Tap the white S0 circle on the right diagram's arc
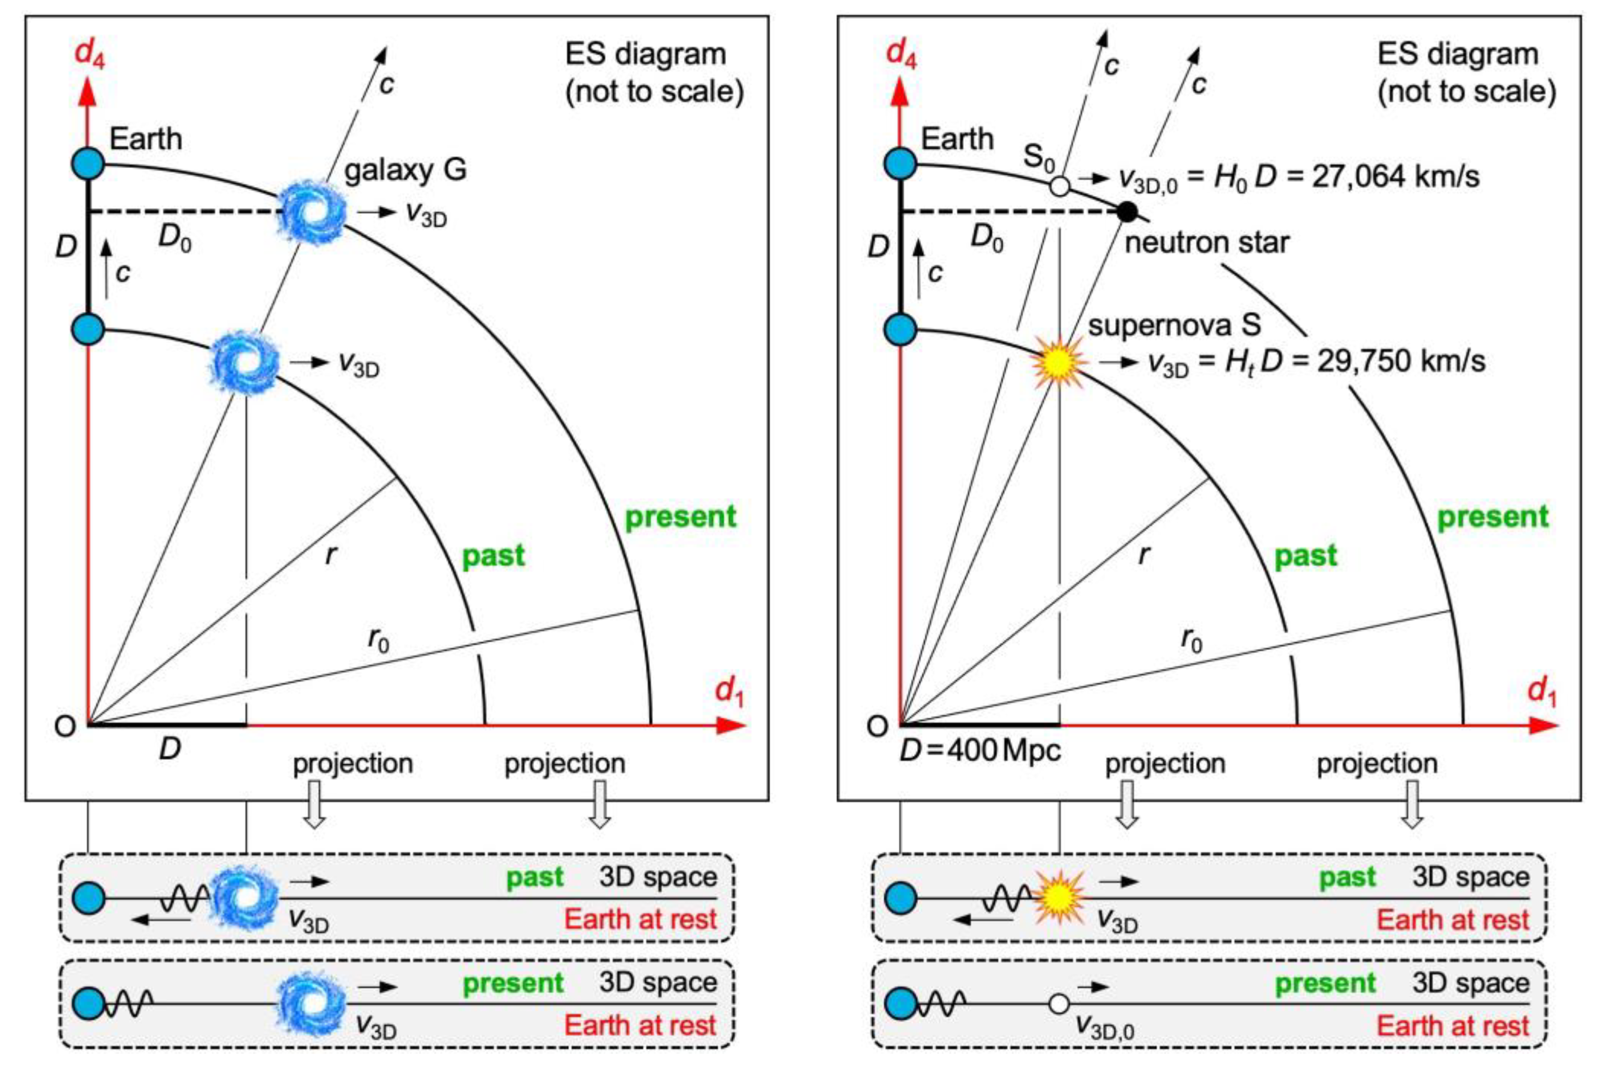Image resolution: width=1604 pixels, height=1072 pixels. (x=1059, y=186)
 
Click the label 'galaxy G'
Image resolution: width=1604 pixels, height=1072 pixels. (x=405, y=170)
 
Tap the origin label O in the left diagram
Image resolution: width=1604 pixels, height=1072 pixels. (x=65, y=726)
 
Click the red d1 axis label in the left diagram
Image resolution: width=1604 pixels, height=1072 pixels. (x=729, y=692)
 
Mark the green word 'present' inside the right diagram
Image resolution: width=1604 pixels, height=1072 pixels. (x=1493, y=517)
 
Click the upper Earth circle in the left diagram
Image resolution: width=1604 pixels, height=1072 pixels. (x=88, y=164)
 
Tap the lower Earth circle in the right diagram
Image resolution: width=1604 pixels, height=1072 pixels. (x=901, y=330)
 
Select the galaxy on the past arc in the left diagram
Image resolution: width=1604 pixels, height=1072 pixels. (x=245, y=363)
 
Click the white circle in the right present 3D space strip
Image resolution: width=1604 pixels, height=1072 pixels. (x=1059, y=1003)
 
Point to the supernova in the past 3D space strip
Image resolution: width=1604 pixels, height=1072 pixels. (x=1059, y=897)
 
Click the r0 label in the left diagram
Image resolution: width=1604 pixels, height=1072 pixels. (x=378, y=640)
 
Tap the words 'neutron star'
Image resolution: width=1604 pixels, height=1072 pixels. (x=1206, y=243)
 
